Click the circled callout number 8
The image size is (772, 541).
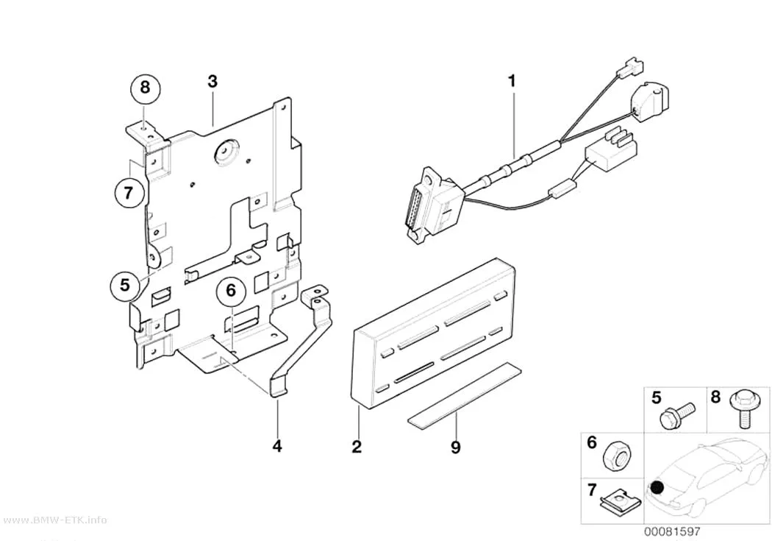coord(144,88)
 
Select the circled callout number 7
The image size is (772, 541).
coord(129,192)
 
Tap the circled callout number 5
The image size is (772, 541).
coord(124,285)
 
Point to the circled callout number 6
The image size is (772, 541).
coord(231,291)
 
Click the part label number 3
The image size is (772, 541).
coord(212,81)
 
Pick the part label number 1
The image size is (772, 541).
coord(512,81)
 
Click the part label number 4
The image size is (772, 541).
coord(277,446)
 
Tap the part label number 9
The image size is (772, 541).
coord(455,448)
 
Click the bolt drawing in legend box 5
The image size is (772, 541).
coord(677,414)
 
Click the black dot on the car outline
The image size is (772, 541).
coord(657,488)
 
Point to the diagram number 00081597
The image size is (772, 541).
coord(672,531)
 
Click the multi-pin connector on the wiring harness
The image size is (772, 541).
coord(433,206)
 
